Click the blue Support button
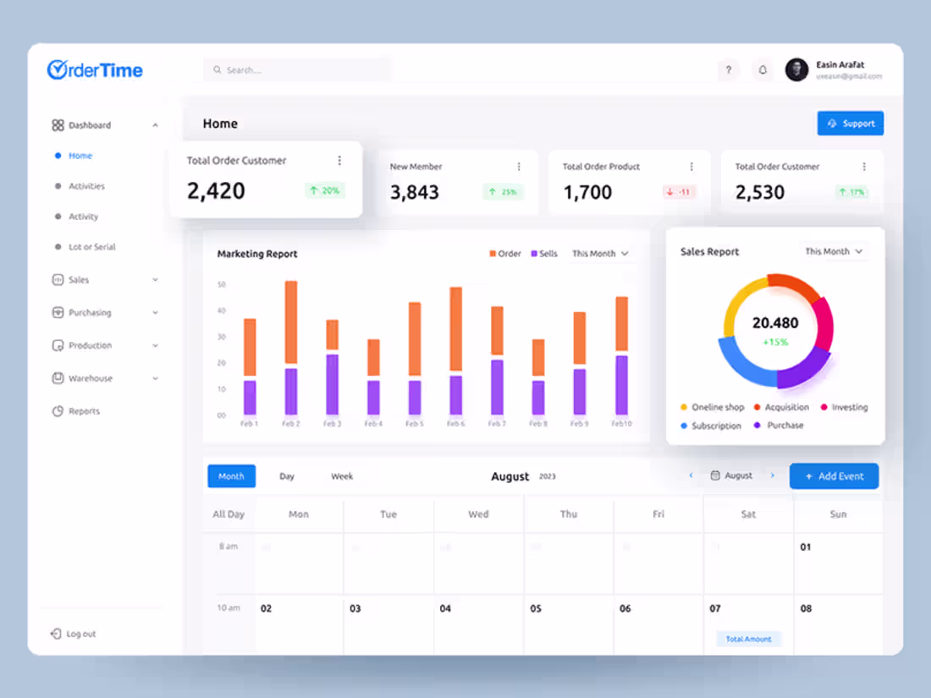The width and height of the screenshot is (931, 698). coord(851,124)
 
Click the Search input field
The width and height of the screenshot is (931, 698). coord(297,70)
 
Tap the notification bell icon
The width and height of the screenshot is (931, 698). coord(763,70)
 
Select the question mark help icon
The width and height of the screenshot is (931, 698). coord(728,70)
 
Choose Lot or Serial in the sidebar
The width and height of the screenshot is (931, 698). coord(91,247)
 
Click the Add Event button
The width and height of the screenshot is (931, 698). coord(834,476)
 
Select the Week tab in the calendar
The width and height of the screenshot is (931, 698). coord(342,476)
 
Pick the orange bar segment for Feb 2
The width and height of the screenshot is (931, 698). coord(291,322)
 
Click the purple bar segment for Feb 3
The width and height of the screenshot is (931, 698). coord(333,384)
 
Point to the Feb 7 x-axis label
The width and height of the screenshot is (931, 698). coord(497,424)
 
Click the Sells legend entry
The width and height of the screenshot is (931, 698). coord(544,254)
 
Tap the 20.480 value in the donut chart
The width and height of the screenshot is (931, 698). coord(775,323)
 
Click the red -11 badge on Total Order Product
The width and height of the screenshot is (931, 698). coord(679,192)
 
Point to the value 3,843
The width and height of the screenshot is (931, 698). coord(415,192)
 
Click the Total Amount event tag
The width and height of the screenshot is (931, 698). coord(749,639)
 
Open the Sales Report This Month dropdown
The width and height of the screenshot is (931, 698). coord(834,251)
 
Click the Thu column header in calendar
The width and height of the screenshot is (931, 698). coord(569,514)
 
